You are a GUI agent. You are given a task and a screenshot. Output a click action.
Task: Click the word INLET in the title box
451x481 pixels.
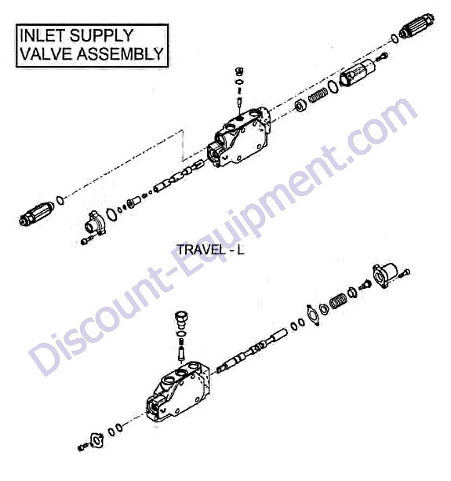[42, 35]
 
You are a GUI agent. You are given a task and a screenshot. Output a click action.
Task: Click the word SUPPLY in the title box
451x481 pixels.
[101, 35]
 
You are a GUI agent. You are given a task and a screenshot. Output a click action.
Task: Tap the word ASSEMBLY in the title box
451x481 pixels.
[120, 53]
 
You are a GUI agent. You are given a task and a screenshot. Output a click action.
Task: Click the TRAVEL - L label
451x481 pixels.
[211, 250]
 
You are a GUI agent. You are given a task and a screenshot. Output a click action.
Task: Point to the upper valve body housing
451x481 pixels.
[238, 137]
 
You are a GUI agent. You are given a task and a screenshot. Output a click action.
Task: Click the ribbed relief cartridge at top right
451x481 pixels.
[417, 26]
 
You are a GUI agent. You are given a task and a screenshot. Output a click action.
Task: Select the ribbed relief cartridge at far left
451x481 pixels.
[36, 213]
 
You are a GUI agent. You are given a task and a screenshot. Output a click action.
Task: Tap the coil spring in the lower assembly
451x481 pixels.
[338, 301]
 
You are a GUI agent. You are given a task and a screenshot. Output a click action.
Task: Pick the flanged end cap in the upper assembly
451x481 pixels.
[95, 222]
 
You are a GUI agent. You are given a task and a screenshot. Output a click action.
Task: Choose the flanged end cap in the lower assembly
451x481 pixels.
[385, 275]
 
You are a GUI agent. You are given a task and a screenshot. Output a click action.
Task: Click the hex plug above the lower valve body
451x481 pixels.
[181, 320]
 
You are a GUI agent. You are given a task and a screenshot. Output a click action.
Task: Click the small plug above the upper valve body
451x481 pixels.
[239, 72]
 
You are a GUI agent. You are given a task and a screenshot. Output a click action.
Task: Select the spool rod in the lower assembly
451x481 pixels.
[252, 350]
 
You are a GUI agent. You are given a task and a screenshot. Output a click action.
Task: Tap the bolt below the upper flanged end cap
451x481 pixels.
[87, 240]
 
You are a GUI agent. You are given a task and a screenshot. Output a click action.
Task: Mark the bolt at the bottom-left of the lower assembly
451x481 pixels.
[83, 447]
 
